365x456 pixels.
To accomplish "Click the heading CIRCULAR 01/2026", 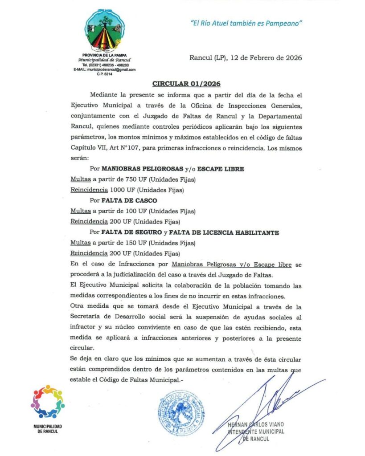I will (x=186, y=83).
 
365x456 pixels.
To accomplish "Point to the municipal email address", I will (x=105, y=69).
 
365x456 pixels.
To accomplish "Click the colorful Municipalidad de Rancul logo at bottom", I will (x=48, y=401).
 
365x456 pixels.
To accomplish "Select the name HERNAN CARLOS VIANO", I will (x=255, y=424).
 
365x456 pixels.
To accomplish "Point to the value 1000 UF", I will (x=120, y=190).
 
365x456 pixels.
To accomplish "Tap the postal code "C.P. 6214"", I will (x=105, y=74).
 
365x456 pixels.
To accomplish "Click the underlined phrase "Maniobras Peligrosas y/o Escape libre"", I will (x=235, y=265).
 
